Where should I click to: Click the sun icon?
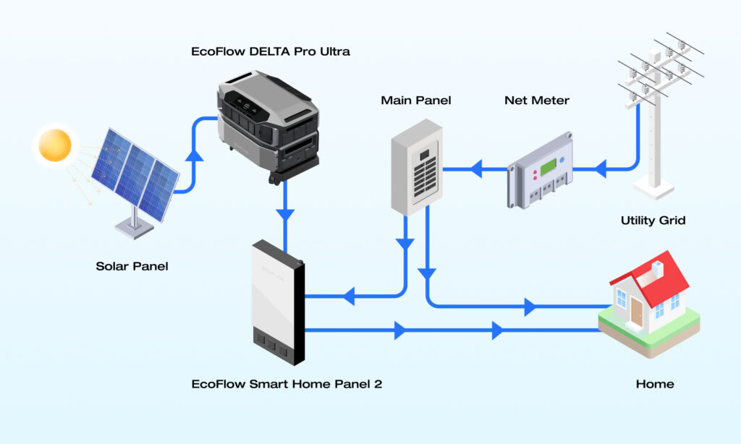(x=56, y=145)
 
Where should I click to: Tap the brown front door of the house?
(x=636, y=311)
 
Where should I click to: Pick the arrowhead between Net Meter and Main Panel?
(x=476, y=171)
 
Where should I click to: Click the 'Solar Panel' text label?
(x=132, y=266)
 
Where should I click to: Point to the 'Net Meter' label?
(x=536, y=101)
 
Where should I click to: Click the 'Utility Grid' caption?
(x=653, y=220)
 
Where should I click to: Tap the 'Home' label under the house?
(x=654, y=384)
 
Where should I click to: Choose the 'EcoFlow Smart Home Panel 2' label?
(x=287, y=384)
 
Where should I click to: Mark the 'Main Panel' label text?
(x=415, y=101)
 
